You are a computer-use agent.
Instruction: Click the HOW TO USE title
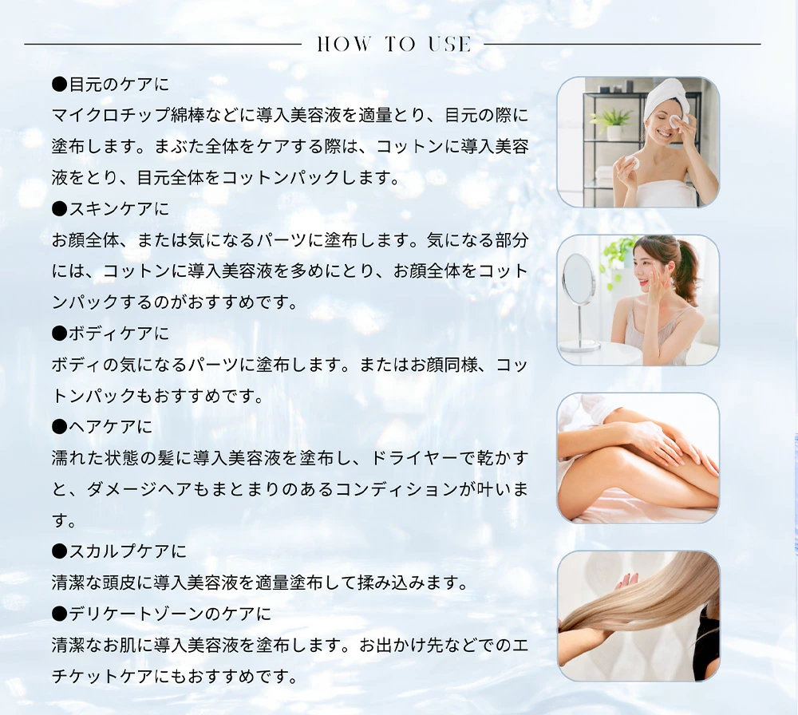coord(394,44)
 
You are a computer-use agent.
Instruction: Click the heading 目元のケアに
coord(110,84)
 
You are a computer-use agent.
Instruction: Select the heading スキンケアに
coord(110,208)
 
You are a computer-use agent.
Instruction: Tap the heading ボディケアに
coord(110,334)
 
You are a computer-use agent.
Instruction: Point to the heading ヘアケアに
coord(102,426)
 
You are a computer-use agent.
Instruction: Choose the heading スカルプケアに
coord(119,551)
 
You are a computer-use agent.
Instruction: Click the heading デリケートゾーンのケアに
coord(161,614)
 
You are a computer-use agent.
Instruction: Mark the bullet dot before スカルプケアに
coord(60,551)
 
